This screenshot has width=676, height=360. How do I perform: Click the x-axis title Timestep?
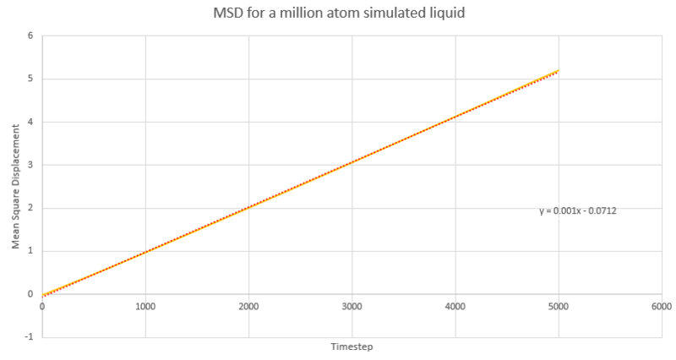click(351, 346)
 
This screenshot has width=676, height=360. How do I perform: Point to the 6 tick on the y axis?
click(30, 36)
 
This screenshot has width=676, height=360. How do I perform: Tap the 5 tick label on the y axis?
click(30, 79)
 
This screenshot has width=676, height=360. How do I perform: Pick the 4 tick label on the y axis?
click(30, 123)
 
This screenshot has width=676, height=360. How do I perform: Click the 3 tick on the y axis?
click(30, 166)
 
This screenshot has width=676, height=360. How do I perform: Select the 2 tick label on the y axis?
click(30, 209)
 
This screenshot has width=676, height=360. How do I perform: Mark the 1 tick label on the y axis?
click(30, 251)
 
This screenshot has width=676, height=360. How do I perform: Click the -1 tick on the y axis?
click(29, 337)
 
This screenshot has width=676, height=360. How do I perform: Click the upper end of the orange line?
click(557, 71)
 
